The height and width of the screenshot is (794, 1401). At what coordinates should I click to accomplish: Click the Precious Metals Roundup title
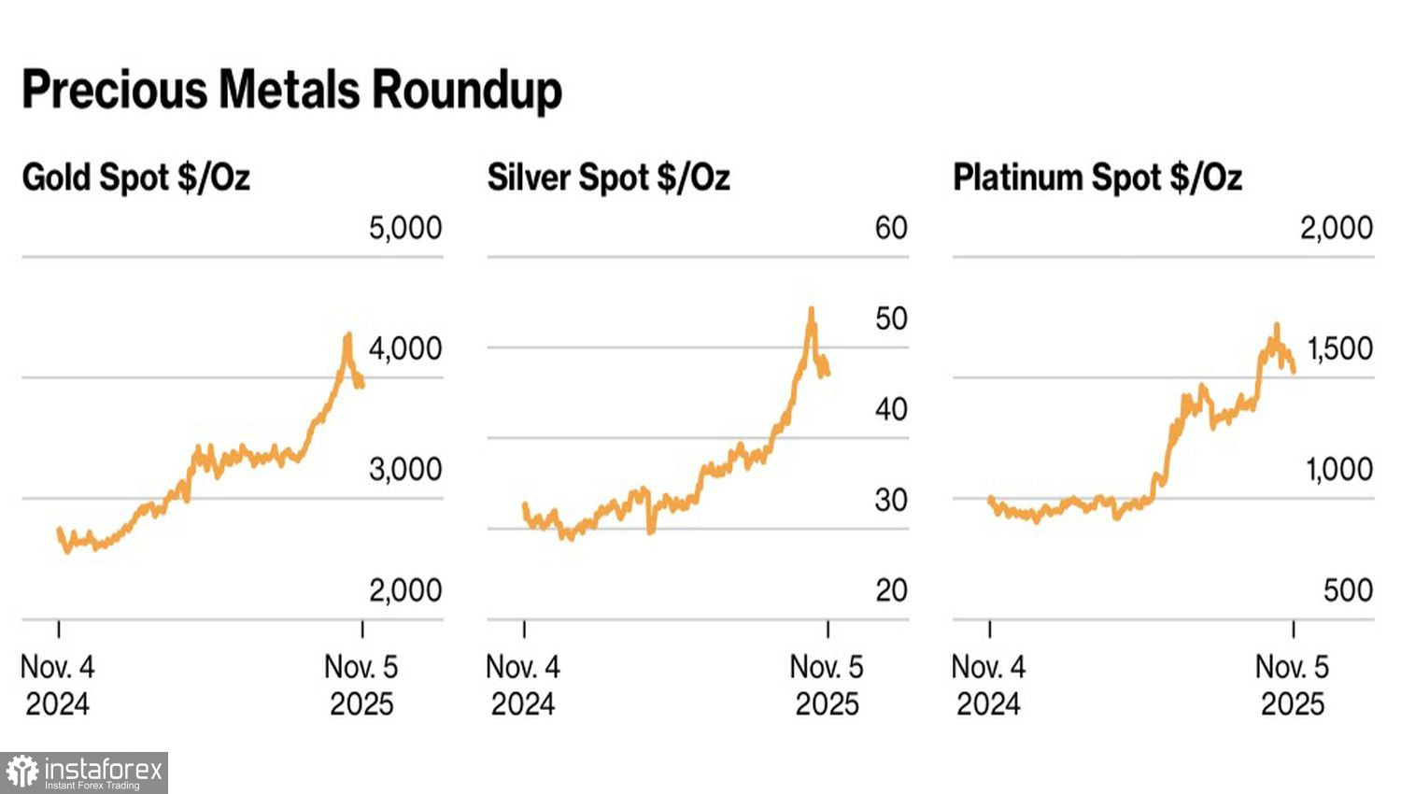pyautogui.click(x=291, y=91)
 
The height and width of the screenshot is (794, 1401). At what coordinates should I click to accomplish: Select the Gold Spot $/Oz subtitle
pyautogui.click(x=135, y=177)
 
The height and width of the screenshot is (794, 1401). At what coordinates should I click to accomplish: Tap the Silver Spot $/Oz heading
pyautogui.click(x=608, y=177)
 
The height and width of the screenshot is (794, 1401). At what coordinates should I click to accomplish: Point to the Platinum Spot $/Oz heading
pyautogui.click(x=1097, y=177)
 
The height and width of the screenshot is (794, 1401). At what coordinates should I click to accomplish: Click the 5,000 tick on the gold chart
pyautogui.click(x=405, y=228)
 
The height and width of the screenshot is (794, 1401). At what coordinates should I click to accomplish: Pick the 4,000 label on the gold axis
pyautogui.click(x=405, y=348)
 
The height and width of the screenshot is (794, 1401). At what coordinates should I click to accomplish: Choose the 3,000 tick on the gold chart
pyautogui.click(x=405, y=469)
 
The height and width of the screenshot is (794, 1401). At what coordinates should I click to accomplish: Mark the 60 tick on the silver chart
pyautogui.click(x=891, y=228)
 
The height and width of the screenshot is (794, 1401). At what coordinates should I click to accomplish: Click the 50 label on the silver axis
pyautogui.click(x=891, y=319)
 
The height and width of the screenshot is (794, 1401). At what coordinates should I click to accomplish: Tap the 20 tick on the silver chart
pyautogui.click(x=891, y=590)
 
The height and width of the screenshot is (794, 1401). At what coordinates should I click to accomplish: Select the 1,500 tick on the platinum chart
pyautogui.click(x=1339, y=348)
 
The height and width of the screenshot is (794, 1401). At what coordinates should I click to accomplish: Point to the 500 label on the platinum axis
pyautogui.click(x=1348, y=590)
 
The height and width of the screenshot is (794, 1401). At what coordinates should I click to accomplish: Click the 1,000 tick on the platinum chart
pyautogui.click(x=1339, y=469)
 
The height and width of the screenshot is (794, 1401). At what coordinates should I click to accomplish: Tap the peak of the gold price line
pyautogui.click(x=348, y=334)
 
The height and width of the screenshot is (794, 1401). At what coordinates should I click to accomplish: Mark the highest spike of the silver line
pyautogui.click(x=811, y=309)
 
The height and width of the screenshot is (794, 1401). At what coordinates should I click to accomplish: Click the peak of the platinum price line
pyautogui.click(x=1276, y=326)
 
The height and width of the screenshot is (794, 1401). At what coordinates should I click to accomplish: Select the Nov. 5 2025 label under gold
pyautogui.click(x=361, y=685)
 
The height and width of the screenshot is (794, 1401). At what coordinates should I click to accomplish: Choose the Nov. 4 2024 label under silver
pyautogui.click(x=523, y=685)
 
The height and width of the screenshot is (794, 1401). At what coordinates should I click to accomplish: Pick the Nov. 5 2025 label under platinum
pyautogui.click(x=1293, y=685)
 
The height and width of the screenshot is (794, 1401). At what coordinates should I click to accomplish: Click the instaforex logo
pyautogui.click(x=84, y=773)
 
